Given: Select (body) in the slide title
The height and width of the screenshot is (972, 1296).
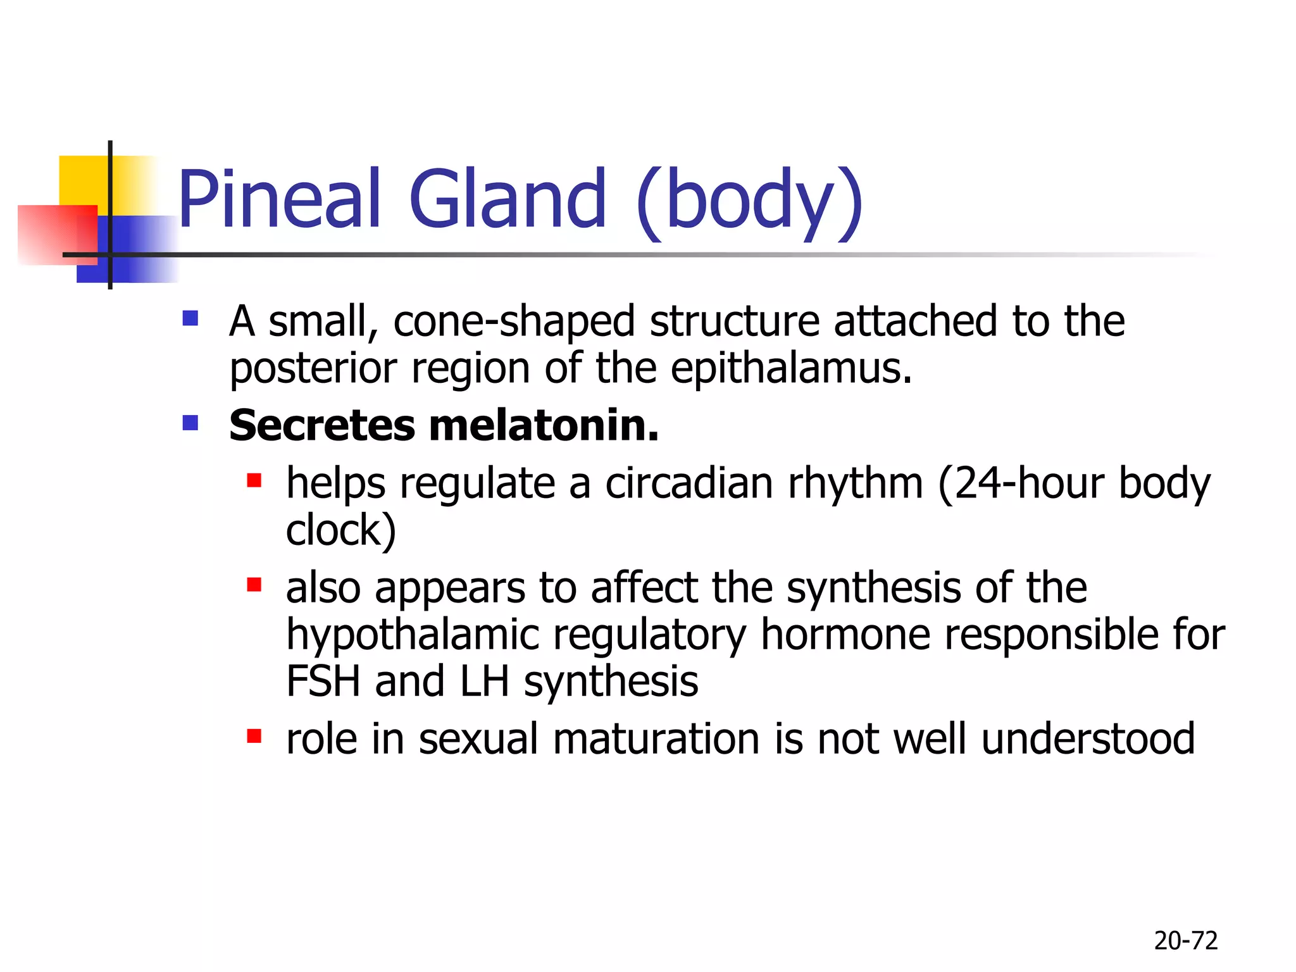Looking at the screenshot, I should coord(749,201).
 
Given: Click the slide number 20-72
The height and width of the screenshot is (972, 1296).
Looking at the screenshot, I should coord(1185,941).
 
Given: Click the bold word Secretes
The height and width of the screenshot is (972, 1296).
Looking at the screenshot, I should coord(321,425).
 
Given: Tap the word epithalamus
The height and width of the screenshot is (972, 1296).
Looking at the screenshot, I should coord(791,368).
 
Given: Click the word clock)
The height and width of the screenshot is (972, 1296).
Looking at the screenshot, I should coord(340,530).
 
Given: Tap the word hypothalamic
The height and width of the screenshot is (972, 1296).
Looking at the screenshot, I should coord(413,635).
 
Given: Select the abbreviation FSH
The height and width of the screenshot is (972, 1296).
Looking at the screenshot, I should coord(323,682).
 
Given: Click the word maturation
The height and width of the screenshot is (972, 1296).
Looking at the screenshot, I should coord(656,739).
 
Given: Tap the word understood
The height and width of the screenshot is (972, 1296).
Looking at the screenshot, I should coord(1088,739).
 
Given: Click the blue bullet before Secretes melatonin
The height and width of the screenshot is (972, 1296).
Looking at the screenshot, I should coord(190,422).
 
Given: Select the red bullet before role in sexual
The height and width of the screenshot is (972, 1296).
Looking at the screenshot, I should coord(254,736).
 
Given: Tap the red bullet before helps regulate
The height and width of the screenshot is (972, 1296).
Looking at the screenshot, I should coord(254,481).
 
